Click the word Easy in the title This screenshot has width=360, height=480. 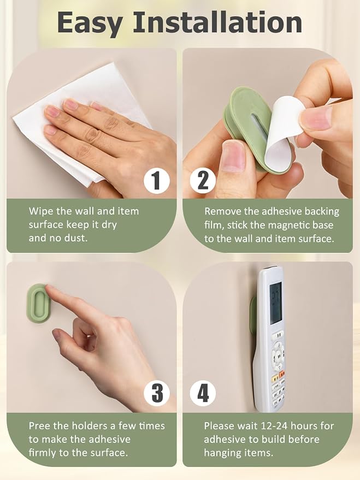[x=90, y=23]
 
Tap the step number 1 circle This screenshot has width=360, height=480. [x=157, y=180]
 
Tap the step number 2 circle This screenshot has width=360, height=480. [x=203, y=180]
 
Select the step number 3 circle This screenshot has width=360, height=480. [x=157, y=393]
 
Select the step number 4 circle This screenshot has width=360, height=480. [x=203, y=393]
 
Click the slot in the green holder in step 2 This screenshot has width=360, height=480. [x=257, y=128]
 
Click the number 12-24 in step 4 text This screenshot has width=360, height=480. [x=273, y=426]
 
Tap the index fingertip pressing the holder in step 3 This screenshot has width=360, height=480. [x=49, y=288]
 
